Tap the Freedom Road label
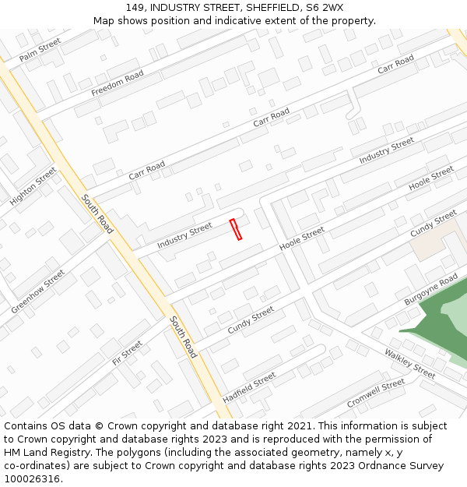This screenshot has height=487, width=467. [x=118, y=83]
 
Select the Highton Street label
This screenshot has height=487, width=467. [x=33, y=186]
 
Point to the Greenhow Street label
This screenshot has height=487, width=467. [x=38, y=291]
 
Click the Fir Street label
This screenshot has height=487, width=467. [x=128, y=352]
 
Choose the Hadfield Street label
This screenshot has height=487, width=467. [x=249, y=387]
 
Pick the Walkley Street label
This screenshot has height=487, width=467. [x=409, y=364]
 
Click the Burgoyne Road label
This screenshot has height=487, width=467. [x=431, y=290]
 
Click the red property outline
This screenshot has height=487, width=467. [x=236, y=229]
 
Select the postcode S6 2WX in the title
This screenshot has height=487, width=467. [x=325, y=7]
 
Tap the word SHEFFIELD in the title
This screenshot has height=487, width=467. [x=267, y=7]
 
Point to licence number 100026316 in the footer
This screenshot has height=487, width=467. [x=33, y=478]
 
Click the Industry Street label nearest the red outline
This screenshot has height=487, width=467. [x=184, y=236]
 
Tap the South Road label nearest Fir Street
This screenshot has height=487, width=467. [x=184, y=337]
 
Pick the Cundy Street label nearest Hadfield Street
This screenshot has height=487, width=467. [x=251, y=320]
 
